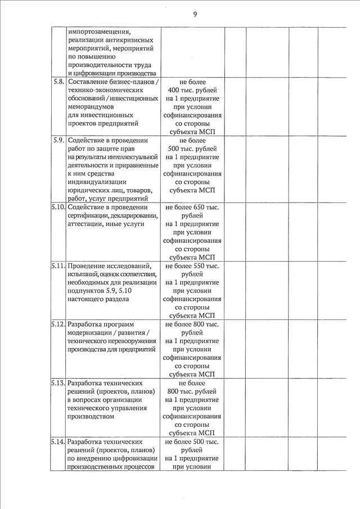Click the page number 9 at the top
195,13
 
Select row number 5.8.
57,82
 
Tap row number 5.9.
57,140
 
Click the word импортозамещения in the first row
99,31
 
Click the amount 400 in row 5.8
174,91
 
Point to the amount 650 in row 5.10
199,208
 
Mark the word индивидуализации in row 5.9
96,182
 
